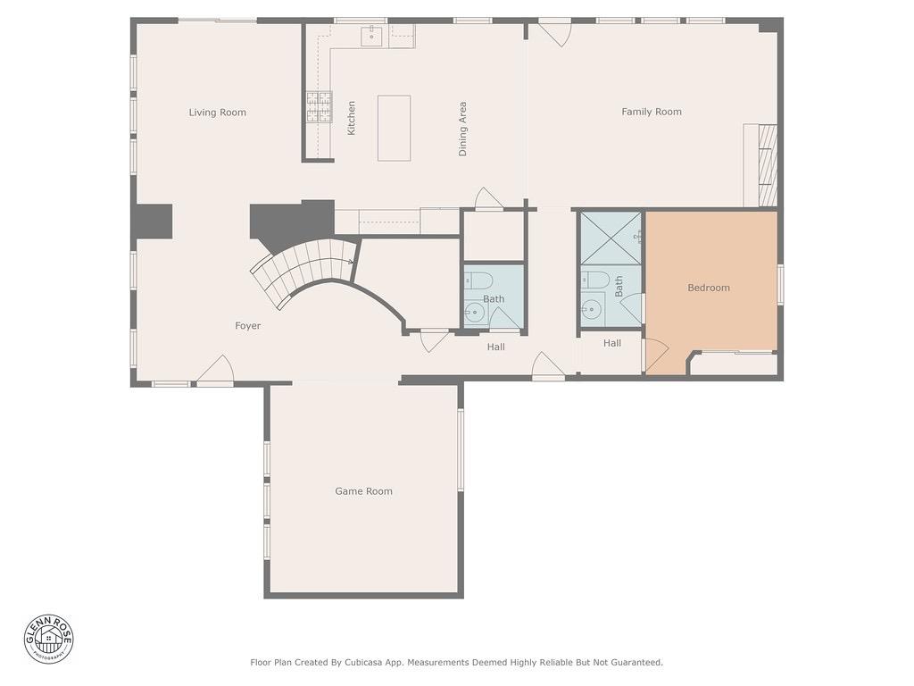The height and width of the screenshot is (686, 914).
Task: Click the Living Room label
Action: [x=217, y=113]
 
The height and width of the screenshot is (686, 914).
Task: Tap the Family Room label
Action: [x=652, y=112]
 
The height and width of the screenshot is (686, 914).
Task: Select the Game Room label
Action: [x=363, y=491]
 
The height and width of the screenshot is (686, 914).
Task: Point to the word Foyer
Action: [x=248, y=326]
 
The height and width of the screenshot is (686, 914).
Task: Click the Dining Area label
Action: [x=462, y=129]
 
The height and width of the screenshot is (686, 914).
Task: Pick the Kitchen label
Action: [x=352, y=118]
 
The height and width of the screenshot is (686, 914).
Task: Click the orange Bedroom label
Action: [x=709, y=288]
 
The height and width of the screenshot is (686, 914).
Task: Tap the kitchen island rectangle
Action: [x=394, y=128]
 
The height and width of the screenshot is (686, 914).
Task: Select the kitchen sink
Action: [x=371, y=35]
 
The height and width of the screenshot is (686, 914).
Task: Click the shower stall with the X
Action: [x=611, y=238]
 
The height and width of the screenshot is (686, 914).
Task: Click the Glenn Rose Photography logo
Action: [x=49, y=639]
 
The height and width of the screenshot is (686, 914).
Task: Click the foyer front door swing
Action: [x=215, y=371]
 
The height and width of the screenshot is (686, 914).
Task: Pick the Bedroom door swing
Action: [x=654, y=355]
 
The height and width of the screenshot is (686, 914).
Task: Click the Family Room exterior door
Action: [x=555, y=31]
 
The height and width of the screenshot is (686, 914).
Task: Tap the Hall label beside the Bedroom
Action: [x=611, y=343]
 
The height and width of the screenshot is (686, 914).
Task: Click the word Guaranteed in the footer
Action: [x=634, y=663]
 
